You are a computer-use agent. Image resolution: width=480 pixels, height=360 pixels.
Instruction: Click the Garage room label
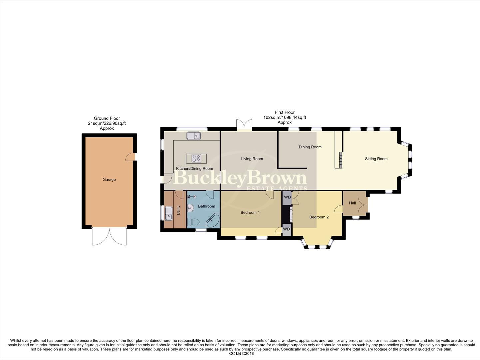tap(109, 180)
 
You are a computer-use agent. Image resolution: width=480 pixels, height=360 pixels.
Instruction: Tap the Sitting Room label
tap(376, 159)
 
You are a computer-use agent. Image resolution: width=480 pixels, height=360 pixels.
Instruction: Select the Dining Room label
tap(310, 147)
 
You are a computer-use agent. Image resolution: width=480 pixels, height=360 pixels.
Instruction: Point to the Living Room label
tap(252, 159)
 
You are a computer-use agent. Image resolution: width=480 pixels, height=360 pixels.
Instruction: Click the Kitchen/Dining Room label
tap(194, 169)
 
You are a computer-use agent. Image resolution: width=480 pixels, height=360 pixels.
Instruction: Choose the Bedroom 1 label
tap(250, 213)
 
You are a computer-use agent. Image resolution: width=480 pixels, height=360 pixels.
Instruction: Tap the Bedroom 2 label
tap(319, 217)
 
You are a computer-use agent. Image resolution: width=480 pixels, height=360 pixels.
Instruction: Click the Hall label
tap(352, 203)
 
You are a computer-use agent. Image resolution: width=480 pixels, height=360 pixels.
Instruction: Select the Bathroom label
tap(206, 206)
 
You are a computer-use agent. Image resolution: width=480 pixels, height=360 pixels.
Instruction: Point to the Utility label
tap(179, 210)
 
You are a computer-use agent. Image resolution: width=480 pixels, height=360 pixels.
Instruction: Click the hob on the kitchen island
tap(196, 158)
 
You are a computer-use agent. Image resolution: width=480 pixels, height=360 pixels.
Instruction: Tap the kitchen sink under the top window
tap(194, 135)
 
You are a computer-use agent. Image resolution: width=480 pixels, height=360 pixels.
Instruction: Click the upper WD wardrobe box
tap(287, 197)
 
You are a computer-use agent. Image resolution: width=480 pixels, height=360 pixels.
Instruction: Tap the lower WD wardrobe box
tap(286, 230)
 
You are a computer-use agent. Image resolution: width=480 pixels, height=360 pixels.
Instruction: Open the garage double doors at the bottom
tap(109, 237)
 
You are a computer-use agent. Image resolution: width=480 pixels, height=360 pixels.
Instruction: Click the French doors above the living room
tap(244, 125)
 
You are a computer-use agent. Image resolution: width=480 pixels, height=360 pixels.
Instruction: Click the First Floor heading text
tap(284, 113)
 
